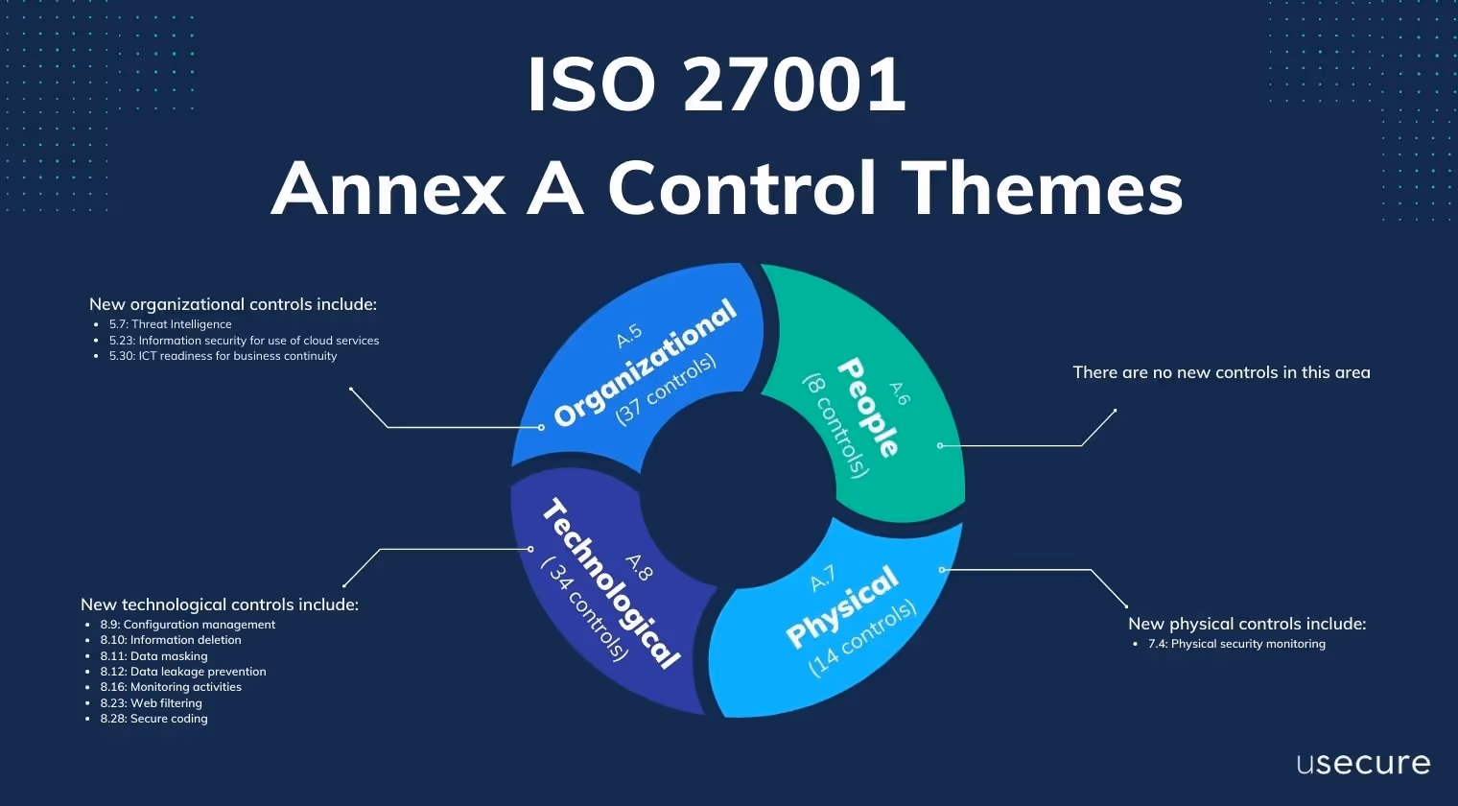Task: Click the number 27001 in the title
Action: pyautogui.click(x=794, y=85)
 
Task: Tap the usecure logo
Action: pyautogui.click(x=1363, y=764)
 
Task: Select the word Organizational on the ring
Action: pyautogui.click(x=646, y=363)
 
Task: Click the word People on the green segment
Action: pyautogui.click(x=868, y=407)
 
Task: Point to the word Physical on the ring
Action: pyautogui.click(x=842, y=606)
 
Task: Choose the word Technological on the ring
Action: pyautogui.click(x=611, y=583)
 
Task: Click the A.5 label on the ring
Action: pyautogui.click(x=628, y=337)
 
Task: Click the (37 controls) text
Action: pyautogui.click(x=666, y=390)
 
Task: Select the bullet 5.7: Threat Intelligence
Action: pyautogui.click(x=170, y=324)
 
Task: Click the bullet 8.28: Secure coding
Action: pyautogui.click(x=153, y=719)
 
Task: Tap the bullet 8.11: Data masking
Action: pyautogui.click(x=153, y=656)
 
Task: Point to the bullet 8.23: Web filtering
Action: pyautogui.click(x=151, y=703)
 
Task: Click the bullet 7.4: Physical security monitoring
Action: pyautogui.click(x=1235, y=644)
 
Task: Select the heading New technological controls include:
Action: pyautogui.click(x=220, y=604)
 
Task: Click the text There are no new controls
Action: pyautogui.click(x=1221, y=372)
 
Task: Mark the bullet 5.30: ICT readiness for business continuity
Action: pyautogui.click(x=223, y=356)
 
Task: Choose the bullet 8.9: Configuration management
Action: pyautogui.click(x=187, y=625)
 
